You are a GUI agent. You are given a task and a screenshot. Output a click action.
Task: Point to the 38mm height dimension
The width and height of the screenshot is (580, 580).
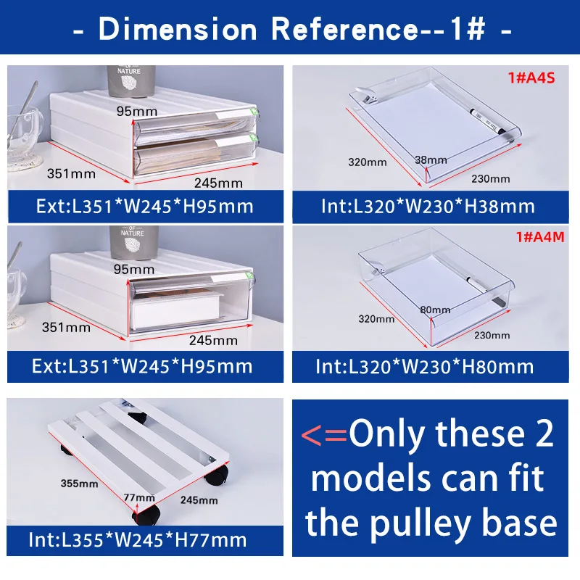click(431, 159)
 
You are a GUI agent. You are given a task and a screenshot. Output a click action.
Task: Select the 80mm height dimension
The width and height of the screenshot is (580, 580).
click(435, 310)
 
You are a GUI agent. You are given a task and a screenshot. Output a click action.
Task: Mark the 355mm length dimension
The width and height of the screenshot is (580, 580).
click(80, 483)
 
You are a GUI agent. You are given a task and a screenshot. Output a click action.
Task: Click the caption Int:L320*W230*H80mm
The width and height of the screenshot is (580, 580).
click(425, 366)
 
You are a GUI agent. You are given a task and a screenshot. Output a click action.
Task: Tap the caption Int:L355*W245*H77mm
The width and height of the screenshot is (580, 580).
click(137, 539)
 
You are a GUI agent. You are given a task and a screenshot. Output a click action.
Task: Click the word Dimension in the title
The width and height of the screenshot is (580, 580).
click(178, 30)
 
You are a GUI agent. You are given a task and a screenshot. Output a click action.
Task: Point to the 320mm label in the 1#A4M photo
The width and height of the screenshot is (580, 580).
click(376, 318)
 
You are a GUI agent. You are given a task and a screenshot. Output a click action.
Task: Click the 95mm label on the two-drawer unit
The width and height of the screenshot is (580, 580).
click(136, 111)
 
